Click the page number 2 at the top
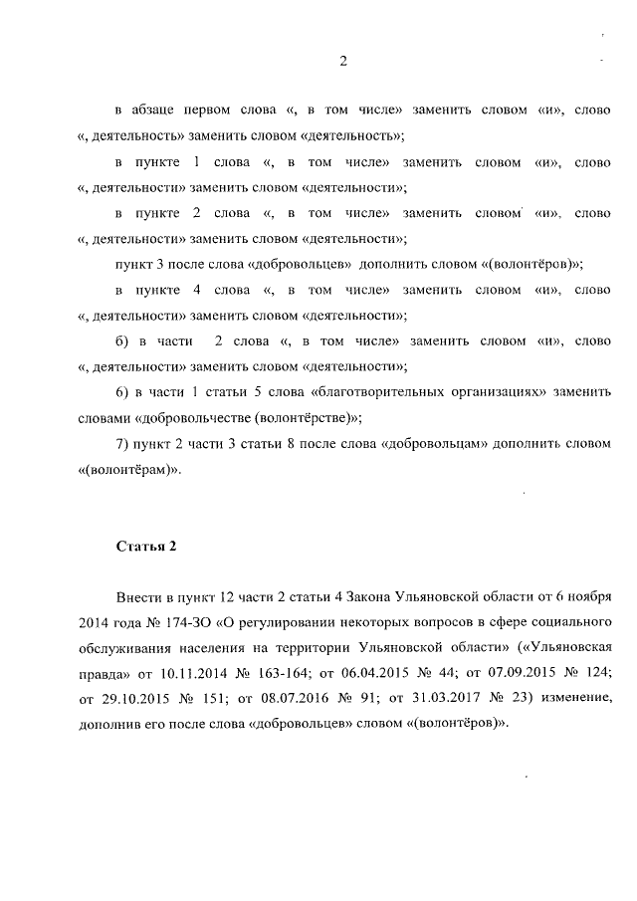click(x=342, y=62)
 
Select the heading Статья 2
click(x=146, y=545)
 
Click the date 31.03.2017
click(x=450, y=700)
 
